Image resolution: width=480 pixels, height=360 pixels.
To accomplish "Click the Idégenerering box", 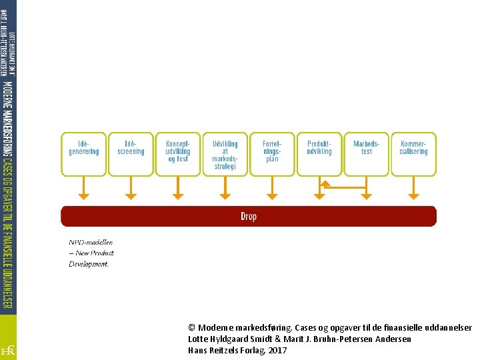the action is pos(83,154).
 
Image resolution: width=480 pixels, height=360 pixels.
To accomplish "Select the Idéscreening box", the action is pos(131,154).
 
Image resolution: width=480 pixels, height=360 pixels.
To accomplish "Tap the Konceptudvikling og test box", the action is pos(178,154).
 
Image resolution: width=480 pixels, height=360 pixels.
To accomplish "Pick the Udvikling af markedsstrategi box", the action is pos(225,154).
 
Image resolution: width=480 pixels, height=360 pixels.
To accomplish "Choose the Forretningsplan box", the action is pos(272,154).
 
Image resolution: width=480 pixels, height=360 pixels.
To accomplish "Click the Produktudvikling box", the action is pos(319,154).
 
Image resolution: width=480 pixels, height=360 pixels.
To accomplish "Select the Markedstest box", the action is pos(367,154).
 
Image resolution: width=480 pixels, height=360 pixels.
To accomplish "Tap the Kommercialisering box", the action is pos(413,154).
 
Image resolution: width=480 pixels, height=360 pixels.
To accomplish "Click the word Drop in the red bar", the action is pos(248,216).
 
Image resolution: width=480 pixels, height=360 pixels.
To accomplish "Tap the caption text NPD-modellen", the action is pos(91,243).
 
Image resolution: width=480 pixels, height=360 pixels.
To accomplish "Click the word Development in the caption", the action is pos(88,264).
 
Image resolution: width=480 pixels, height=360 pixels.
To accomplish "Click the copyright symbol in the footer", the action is pos(192,328).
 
